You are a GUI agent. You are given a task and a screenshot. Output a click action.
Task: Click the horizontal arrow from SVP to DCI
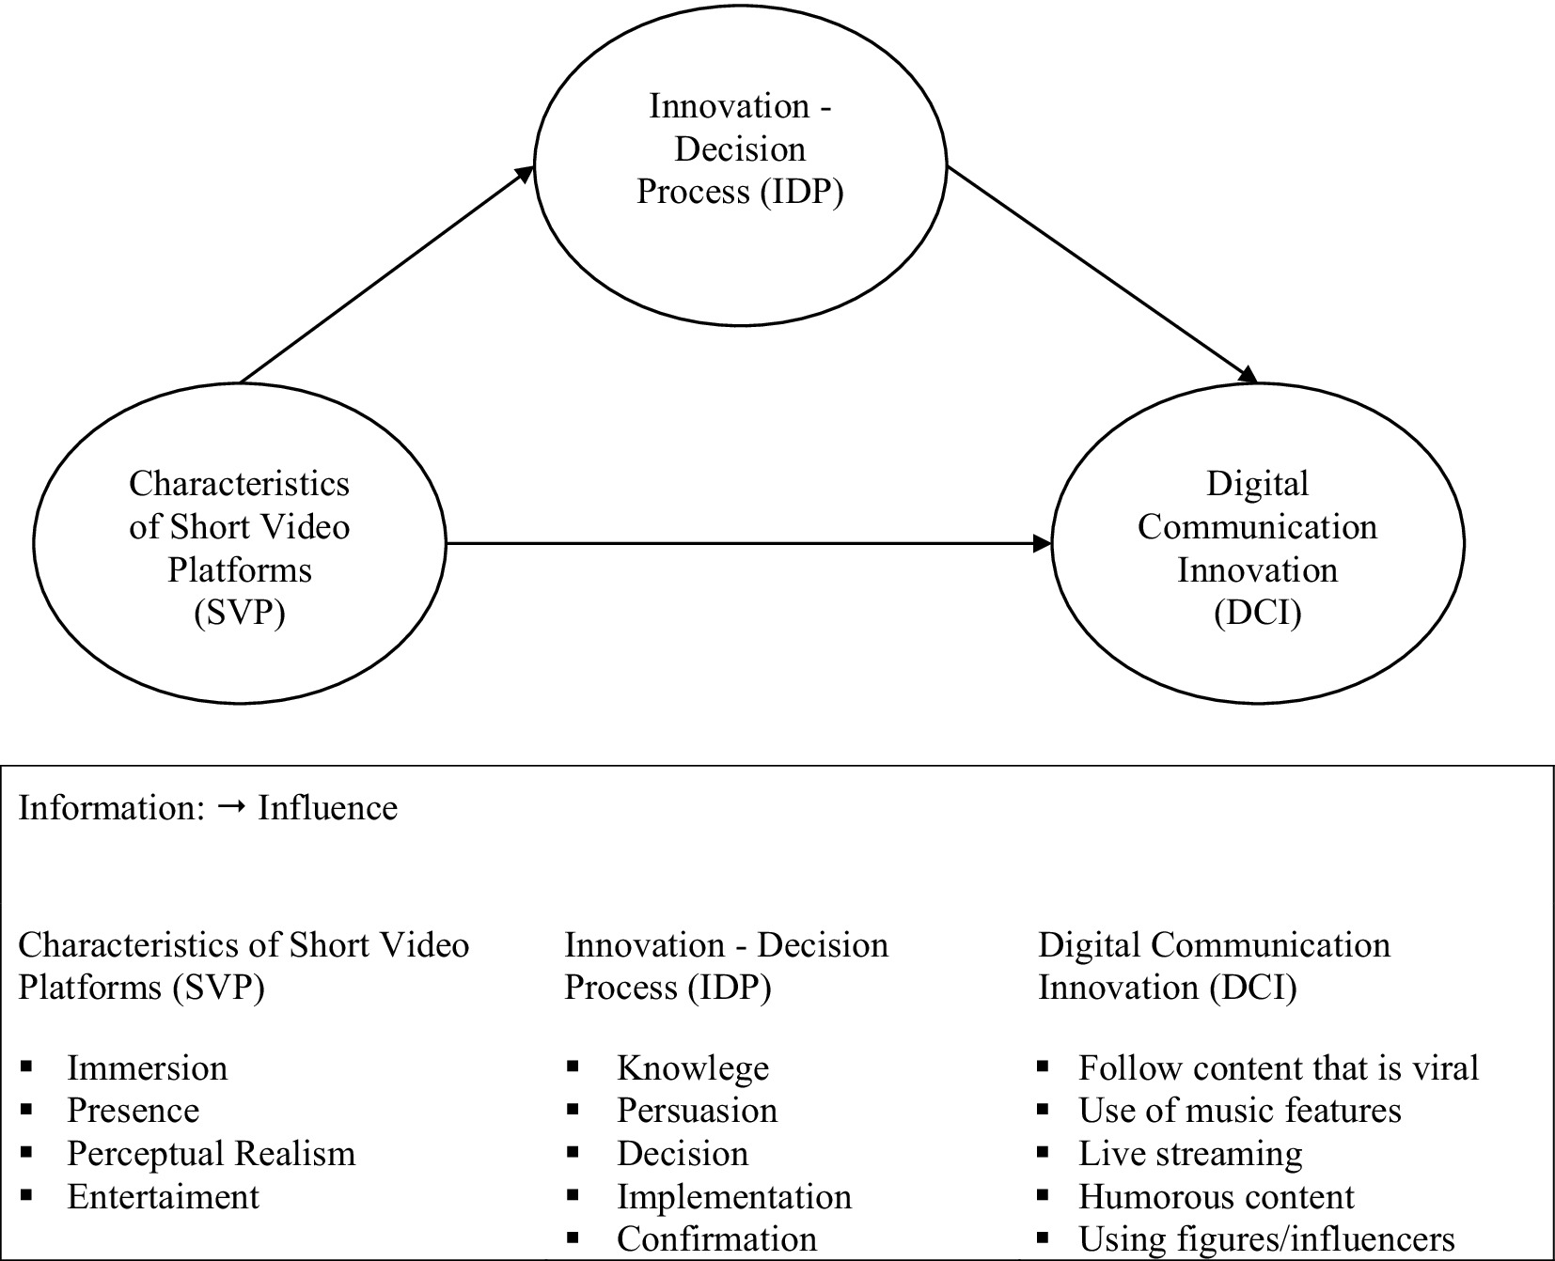[x=747, y=543]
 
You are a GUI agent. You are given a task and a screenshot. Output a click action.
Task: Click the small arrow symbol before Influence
[x=231, y=808]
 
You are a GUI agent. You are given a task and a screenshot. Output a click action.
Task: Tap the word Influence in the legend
[x=327, y=808]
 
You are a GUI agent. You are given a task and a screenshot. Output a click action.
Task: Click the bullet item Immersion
[x=147, y=1068]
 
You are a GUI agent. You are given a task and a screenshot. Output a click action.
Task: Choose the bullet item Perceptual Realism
[x=211, y=1154]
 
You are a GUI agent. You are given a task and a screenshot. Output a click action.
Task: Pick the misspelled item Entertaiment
[x=163, y=1197]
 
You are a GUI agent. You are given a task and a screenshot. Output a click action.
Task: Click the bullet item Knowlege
[x=692, y=1068]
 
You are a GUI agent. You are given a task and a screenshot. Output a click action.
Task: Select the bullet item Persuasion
[x=697, y=1111]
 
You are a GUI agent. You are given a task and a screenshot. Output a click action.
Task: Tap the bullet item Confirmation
[x=716, y=1239]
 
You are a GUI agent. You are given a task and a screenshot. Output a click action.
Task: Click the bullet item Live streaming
[x=1190, y=1154]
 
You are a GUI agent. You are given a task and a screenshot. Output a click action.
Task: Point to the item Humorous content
[x=1216, y=1197]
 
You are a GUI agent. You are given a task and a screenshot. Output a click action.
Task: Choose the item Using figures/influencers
[x=1266, y=1239]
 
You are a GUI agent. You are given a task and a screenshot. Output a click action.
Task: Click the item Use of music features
[x=1239, y=1111]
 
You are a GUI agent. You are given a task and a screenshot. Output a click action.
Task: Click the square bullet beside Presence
[x=26, y=1111]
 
